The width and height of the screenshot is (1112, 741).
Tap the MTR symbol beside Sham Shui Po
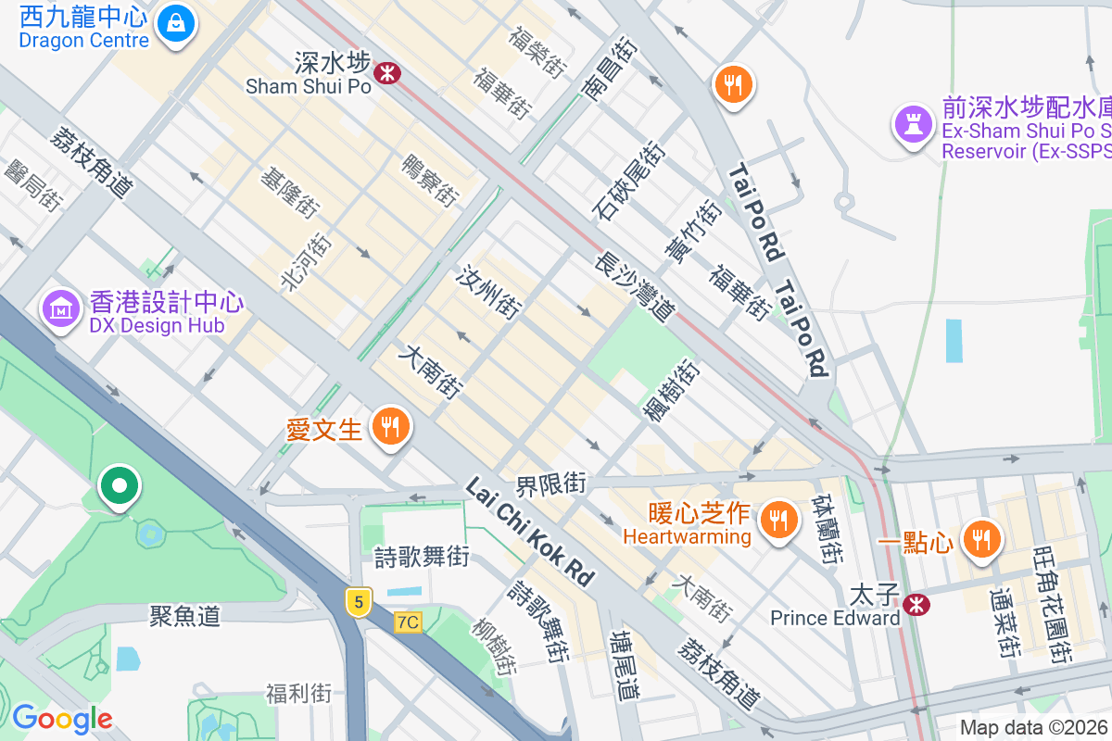point(387,72)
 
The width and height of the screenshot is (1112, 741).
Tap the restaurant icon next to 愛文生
point(390,427)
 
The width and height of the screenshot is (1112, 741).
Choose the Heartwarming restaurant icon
point(778,520)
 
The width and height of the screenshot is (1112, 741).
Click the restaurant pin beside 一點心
point(980,538)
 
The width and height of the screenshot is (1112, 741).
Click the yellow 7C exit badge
point(407,622)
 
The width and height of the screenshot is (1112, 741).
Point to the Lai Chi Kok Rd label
point(529,532)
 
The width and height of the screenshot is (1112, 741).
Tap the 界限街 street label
point(551,484)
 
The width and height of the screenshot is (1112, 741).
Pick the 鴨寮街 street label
point(430,180)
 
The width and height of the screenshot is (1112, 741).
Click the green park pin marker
point(120,485)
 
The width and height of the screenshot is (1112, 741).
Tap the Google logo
point(62,718)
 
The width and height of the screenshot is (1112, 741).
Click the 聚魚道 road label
point(185,616)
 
